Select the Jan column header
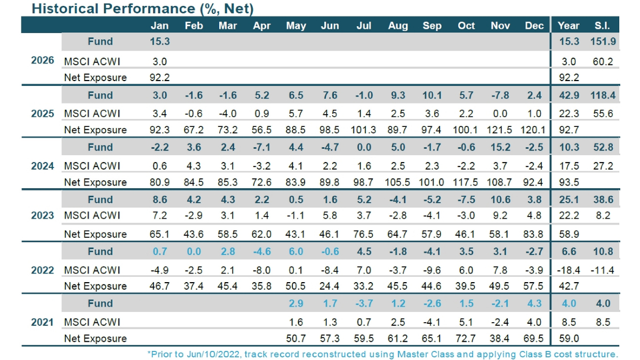pyautogui.click(x=159, y=26)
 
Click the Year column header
pyautogui.click(x=569, y=26)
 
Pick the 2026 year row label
pyautogui.click(x=43, y=60)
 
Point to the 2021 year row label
pyautogui.click(x=43, y=322)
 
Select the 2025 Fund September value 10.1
pyautogui.click(x=431, y=95)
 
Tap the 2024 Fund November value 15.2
pyautogui.click(x=500, y=148)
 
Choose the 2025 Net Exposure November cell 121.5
pyautogui.click(x=500, y=130)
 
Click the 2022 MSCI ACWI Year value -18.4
pyautogui.click(x=569, y=270)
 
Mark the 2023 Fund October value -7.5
pyautogui.click(x=466, y=199)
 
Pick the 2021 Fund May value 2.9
pyautogui.click(x=296, y=303)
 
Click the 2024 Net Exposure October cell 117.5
pyautogui.click(x=466, y=182)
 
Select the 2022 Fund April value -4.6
pyautogui.click(x=262, y=252)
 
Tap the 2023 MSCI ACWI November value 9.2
pyautogui.click(x=500, y=215)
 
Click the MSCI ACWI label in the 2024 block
pyautogui.click(x=92, y=166)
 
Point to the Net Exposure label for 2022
pyautogui.click(x=95, y=286)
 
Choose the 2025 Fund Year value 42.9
pyautogui.click(x=569, y=95)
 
